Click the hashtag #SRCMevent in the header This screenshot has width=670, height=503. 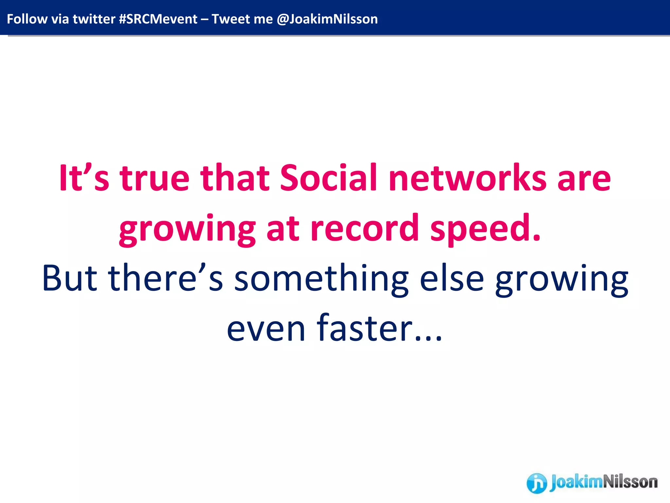tap(158, 19)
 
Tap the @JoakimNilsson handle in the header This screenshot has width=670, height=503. tap(327, 19)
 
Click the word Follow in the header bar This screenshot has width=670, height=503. tap(27, 19)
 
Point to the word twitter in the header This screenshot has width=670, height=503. tap(94, 19)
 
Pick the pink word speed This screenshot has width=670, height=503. tap(485, 229)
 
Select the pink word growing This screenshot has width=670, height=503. tap(187, 229)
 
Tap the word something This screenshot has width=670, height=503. tap(321, 278)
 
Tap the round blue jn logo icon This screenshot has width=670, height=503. tap(537, 483)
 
